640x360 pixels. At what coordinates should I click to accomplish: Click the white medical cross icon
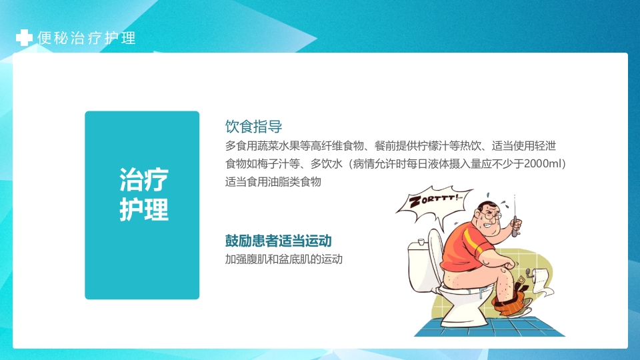[23, 38]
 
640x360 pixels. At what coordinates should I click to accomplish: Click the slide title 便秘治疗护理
[87, 38]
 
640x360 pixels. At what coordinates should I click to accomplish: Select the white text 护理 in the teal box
[143, 209]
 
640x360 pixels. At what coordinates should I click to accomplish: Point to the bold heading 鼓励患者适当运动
[279, 241]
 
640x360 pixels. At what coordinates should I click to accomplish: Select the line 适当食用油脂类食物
[273, 181]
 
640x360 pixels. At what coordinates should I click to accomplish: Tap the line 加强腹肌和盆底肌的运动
[283, 259]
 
